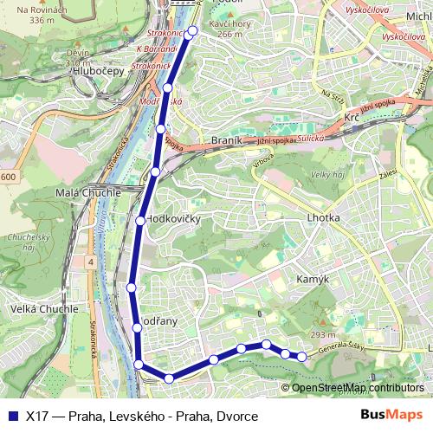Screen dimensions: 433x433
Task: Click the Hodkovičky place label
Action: point(174,219)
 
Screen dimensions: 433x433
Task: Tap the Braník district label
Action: point(228,139)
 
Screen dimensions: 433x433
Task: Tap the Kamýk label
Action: point(313,280)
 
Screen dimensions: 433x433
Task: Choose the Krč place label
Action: point(351,117)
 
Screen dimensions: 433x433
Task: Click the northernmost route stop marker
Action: point(192,31)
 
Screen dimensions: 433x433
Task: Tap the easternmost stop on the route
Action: point(301,357)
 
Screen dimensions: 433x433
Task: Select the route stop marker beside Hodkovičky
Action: point(139,221)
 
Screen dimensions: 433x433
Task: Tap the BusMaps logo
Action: point(392,414)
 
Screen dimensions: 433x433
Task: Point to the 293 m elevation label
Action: point(323,335)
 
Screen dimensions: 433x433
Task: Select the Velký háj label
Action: point(328,176)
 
